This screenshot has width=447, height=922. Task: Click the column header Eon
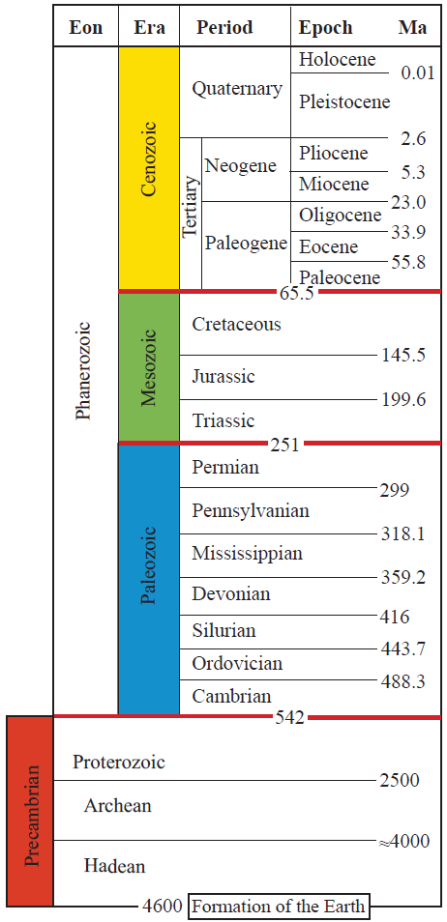click(86, 27)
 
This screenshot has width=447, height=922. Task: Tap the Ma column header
click(412, 27)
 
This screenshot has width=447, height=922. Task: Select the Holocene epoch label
click(337, 60)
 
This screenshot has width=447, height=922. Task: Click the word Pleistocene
click(344, 101)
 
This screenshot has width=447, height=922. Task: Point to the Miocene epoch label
click(334, 184)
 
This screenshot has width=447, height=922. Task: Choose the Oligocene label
click(340, 215)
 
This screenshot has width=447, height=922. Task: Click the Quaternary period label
click(236, 89)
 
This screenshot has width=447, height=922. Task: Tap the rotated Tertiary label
click(191, 207)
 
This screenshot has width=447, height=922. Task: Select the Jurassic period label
click(223, 376)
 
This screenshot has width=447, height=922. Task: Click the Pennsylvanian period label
click(250, 509)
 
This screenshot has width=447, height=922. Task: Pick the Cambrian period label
click(231, 696)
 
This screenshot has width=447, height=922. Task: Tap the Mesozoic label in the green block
click(148, 367)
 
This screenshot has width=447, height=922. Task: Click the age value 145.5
click(403, 356)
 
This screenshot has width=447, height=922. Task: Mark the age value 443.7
click(403, 648)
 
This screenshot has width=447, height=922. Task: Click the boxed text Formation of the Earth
click(278, 907)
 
